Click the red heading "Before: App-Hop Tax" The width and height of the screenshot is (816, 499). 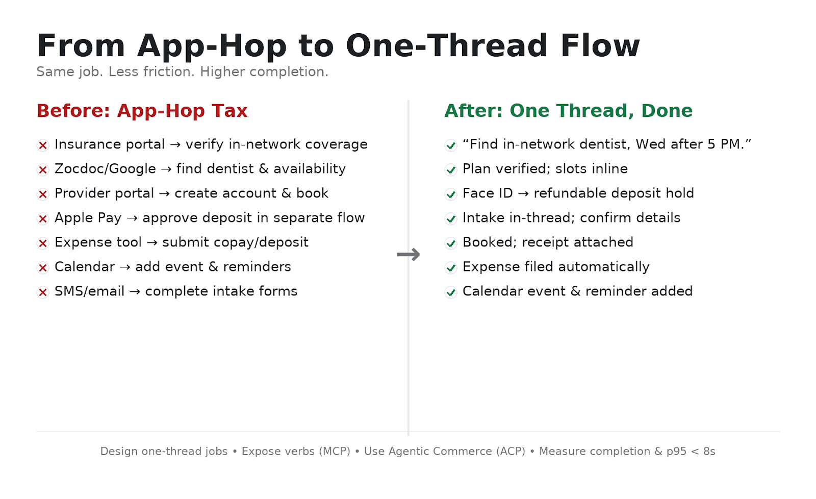coord(142,111)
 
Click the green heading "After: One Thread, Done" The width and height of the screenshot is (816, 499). coord(568,111)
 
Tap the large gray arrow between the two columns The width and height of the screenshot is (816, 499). coord(408,254)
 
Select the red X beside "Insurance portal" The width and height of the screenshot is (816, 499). coord(43,145)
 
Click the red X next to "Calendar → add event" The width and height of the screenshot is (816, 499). coord(43,268)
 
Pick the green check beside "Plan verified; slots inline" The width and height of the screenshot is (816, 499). coord(451,170)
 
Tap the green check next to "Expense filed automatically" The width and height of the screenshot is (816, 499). coord(451,268)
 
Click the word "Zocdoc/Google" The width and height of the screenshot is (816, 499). coord(105,169)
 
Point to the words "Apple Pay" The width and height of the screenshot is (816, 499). coord(88,218)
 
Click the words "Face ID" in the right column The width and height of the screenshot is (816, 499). coord(487,193)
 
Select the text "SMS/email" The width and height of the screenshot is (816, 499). coord(89,291)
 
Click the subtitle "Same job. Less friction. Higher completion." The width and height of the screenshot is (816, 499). coord(182,71)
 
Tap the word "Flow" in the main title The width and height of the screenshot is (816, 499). coord(600,46)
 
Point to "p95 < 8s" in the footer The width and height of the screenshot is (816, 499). coord(691,451)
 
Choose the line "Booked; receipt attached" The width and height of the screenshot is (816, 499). coord(548,242)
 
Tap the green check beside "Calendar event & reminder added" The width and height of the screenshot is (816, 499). coord(451,292)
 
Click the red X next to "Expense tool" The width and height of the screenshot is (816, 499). coord(43,243)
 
